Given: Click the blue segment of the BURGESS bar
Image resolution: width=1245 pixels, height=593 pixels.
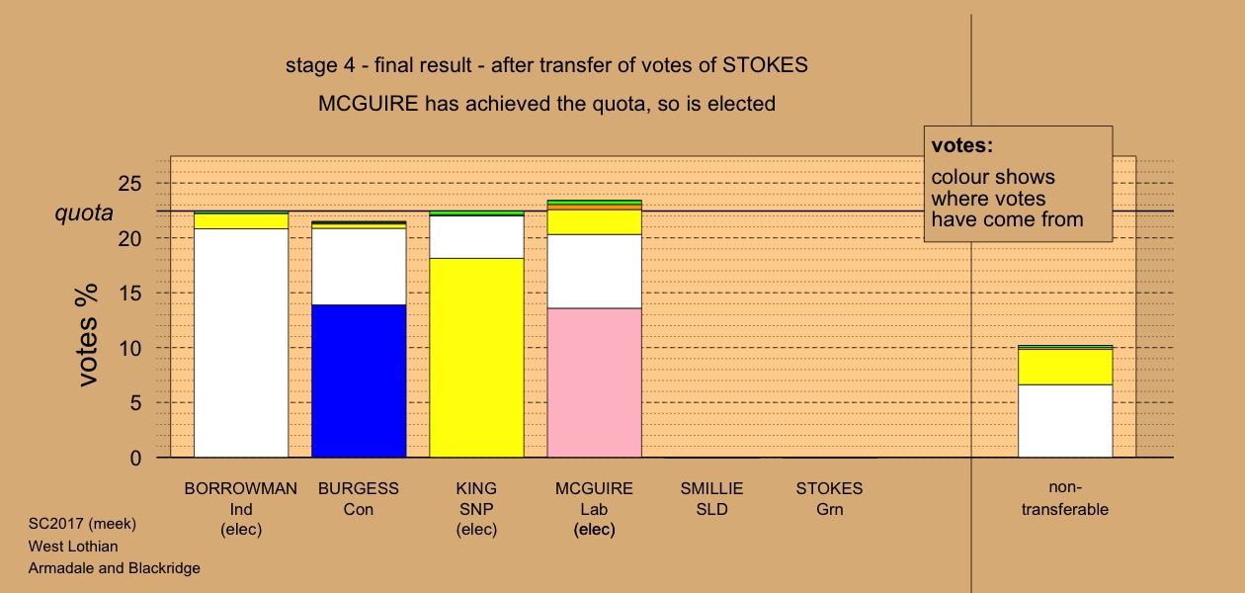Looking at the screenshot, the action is (x=359, y=381).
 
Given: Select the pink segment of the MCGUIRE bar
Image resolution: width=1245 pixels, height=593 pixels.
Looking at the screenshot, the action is (x=594, y=382).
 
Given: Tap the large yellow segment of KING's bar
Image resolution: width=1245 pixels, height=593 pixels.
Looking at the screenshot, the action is (x=476, y=358).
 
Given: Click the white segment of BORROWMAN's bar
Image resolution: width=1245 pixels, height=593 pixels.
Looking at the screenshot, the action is (x=241, y=343).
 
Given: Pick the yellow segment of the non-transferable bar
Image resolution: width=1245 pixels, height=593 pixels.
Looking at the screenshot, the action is (x=1065, y=367).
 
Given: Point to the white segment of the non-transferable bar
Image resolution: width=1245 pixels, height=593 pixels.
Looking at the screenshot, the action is (x=1065, y=421).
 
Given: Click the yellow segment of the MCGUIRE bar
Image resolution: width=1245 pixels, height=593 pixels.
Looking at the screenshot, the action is (x=594, y=221).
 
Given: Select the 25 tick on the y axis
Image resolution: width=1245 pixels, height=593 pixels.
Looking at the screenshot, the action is (x=130, y=184).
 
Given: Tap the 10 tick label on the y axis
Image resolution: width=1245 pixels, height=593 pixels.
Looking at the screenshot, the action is (x=130, y=348).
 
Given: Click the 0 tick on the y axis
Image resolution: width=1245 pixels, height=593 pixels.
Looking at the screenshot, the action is (x=135, y=458).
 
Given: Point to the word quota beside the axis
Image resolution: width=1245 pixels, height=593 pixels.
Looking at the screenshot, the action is (x=84, y=212).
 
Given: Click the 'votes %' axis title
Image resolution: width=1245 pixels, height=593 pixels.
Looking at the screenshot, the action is (x=87, y=335).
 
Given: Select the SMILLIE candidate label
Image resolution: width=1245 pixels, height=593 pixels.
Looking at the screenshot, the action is (x=711, y=498).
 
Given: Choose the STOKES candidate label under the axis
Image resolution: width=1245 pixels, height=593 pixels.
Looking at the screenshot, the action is (x=829, y=498).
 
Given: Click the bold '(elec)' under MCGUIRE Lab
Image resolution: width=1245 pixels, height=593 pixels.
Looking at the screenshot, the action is (x=594, y=529).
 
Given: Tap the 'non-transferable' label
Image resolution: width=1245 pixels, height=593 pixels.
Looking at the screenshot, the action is (x=1065, y=498).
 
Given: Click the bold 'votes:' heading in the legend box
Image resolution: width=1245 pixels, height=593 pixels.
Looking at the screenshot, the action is (x=962, y=145).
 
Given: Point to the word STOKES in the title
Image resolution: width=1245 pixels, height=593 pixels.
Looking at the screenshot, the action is (x=765, y=65).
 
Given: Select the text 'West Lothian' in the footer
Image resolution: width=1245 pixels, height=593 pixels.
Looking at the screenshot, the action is (x=73, y=547).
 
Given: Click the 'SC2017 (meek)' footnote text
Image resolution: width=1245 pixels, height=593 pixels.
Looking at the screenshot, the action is (x=82, y=524).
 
